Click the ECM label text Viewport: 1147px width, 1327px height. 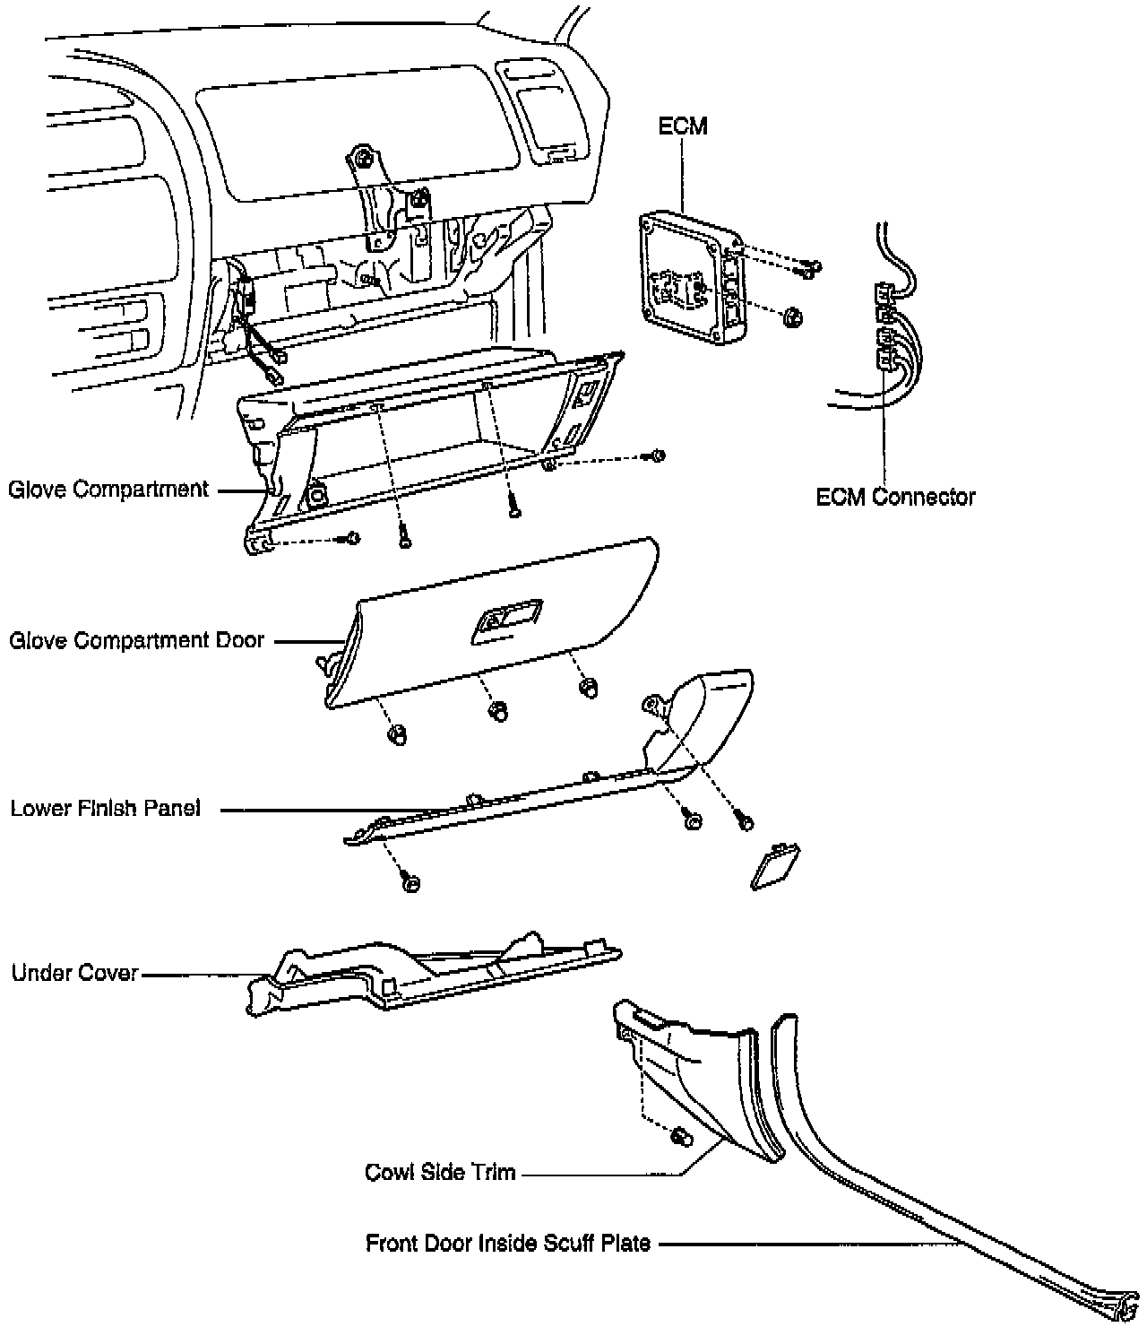[683, 126]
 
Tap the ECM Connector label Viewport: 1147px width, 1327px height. [895, 496]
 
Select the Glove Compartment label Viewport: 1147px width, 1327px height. [108, 490]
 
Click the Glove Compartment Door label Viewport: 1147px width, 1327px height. [137, 641]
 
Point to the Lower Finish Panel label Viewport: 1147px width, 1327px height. [106, 809]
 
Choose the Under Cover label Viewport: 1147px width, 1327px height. [75, 974]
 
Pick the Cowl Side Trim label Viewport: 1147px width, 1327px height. [440, 1172]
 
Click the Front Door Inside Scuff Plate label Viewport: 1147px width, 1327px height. [508, 1244]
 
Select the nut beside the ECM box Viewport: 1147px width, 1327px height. [792, 317]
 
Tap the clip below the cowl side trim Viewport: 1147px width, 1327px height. [679, 1136]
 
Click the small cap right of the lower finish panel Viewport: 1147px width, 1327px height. [773, 865]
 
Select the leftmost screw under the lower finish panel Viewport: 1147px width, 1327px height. [410, 882]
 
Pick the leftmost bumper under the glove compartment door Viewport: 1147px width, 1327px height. [394, 734]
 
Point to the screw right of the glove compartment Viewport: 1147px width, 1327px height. [657, 456]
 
